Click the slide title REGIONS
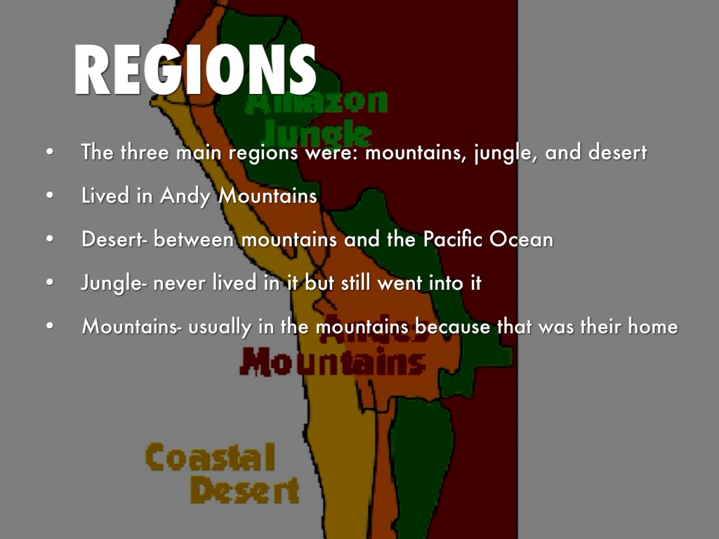194,70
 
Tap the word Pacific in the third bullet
452,239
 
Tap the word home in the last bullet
652,326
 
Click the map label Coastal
210,458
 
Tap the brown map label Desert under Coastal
244,490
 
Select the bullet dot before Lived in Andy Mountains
48,197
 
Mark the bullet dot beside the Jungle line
48,284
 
